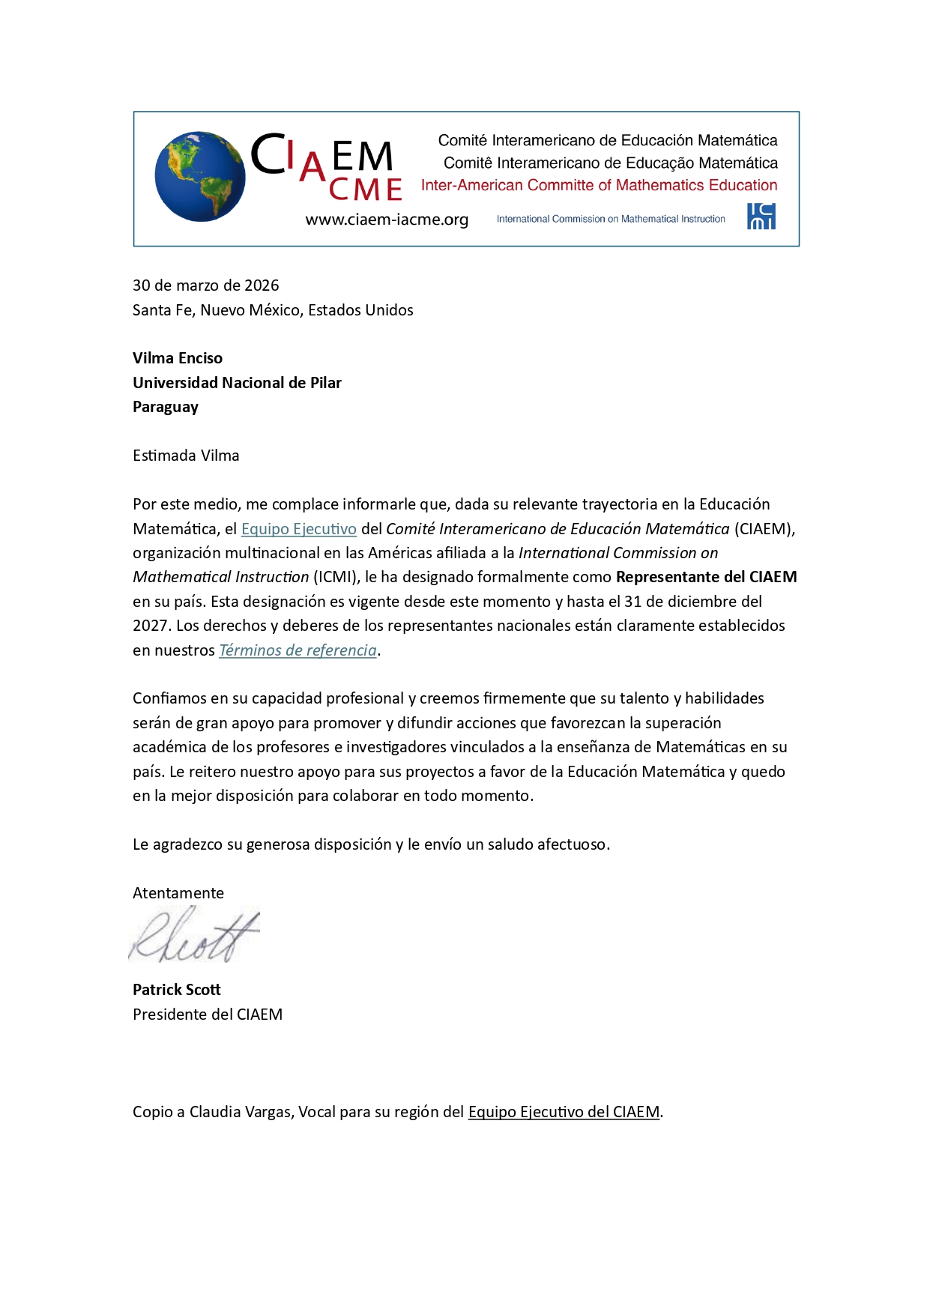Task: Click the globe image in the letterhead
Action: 200,177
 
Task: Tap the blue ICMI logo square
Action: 761,217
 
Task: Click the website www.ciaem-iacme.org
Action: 387,220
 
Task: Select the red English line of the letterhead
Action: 599,185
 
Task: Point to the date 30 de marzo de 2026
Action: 205,285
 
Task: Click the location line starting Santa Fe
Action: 273,310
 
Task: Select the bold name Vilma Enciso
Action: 178,358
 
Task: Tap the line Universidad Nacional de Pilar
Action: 237,383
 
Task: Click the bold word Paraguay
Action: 166,407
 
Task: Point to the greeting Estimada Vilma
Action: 186,456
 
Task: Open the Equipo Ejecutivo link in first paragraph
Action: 298,529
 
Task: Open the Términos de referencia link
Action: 298,650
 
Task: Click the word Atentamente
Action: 178,893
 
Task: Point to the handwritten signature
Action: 194,937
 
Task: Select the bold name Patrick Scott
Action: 177,990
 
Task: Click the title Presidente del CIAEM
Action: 208,1015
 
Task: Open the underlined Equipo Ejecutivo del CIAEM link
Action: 564,1112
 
